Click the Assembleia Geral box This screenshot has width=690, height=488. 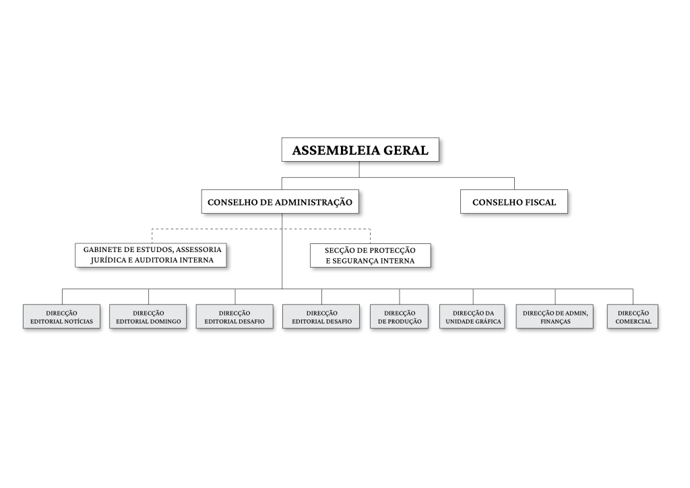(360, 150)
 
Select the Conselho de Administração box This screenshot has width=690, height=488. (280, 202)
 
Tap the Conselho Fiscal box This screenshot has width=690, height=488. (514, 202)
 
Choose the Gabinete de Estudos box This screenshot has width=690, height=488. (151, 255)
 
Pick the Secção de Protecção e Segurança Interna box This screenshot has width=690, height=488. (370, 255)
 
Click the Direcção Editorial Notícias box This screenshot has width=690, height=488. (61, 316)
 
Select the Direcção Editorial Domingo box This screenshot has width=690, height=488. (148, 316)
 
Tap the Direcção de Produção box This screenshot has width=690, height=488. (400, 316)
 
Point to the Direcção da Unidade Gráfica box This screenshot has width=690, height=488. (472, 316)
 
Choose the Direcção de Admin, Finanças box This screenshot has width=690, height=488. (555, 316)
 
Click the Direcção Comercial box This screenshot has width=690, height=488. (633, 316)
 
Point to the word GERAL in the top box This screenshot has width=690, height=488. (406, 150)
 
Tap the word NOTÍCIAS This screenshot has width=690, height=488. (78, 322)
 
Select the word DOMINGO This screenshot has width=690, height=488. (164, 322)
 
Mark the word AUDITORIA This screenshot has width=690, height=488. (156, 260)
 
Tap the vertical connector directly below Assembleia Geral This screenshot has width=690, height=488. (359, 169)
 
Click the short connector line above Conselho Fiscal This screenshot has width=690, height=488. (514, 183)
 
